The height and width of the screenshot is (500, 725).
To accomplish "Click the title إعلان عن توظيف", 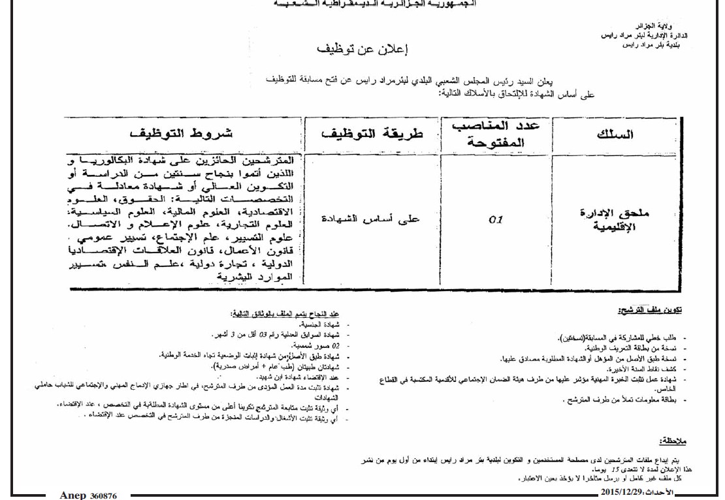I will [362, 50].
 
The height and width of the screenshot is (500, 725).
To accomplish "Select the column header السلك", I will [615, 134].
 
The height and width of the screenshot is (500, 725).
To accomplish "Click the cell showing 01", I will [496, 219].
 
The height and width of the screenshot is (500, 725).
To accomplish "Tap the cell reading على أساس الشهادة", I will [372, 219].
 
